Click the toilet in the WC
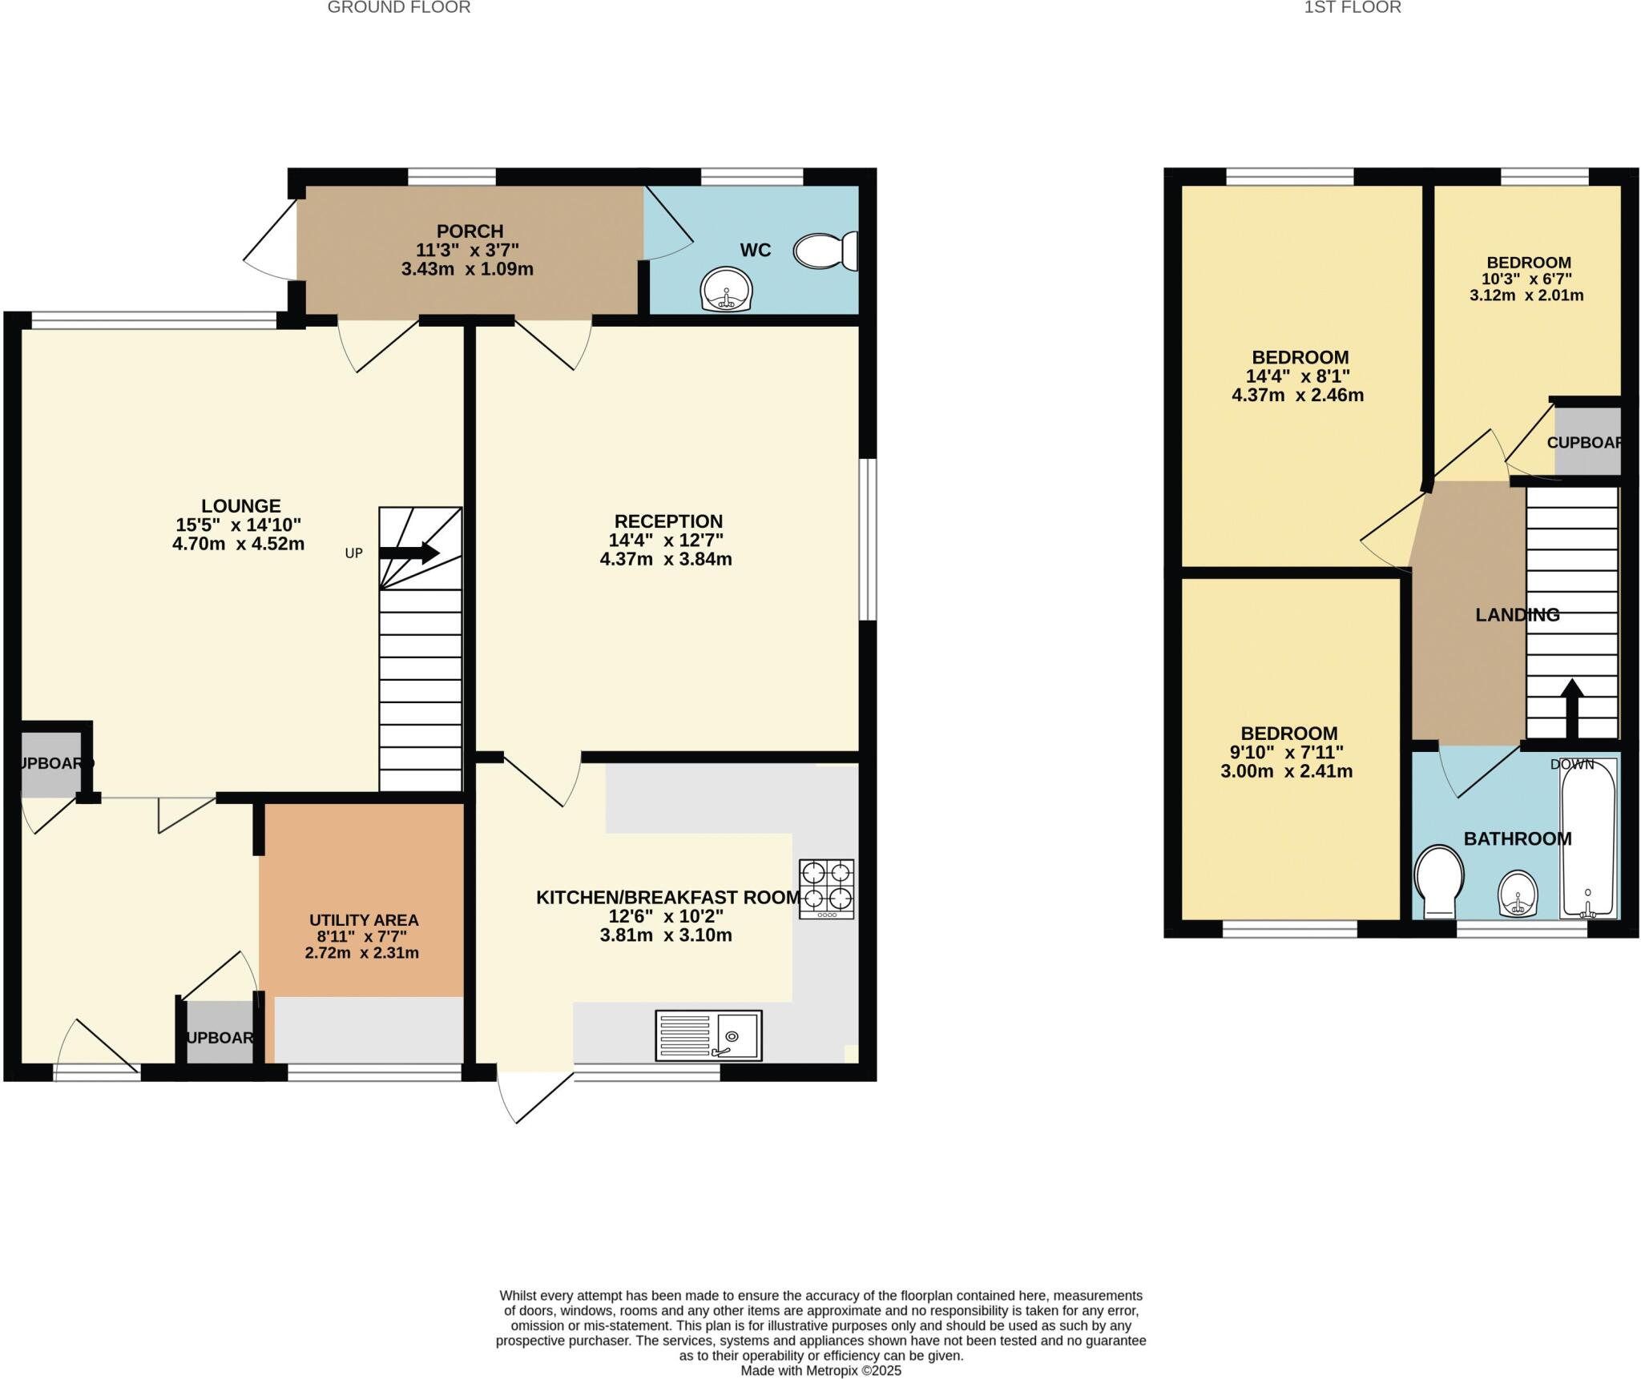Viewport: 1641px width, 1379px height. (826, 251)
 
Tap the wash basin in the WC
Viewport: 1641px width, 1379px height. (726, 288)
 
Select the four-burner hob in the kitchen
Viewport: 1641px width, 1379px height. (826, 888)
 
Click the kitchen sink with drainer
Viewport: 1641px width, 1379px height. (708, 1035)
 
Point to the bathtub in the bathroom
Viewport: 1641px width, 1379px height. (1587, 838)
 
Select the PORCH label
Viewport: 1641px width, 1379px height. (470, 231)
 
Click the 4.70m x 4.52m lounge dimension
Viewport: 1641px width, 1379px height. (239, 545)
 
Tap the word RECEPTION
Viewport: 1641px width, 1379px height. (668, 521)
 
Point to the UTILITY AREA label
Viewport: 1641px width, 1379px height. (364, 920)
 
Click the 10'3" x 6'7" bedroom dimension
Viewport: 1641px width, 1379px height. (1526, 279)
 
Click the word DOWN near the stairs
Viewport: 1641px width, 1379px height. (1571, 764)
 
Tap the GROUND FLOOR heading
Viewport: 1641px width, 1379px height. (399, 8)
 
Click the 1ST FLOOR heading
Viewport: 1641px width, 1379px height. (1353, 8)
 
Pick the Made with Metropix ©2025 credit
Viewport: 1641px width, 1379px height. (820, 1370)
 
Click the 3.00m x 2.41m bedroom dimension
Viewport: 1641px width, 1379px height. (1286, 772)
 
